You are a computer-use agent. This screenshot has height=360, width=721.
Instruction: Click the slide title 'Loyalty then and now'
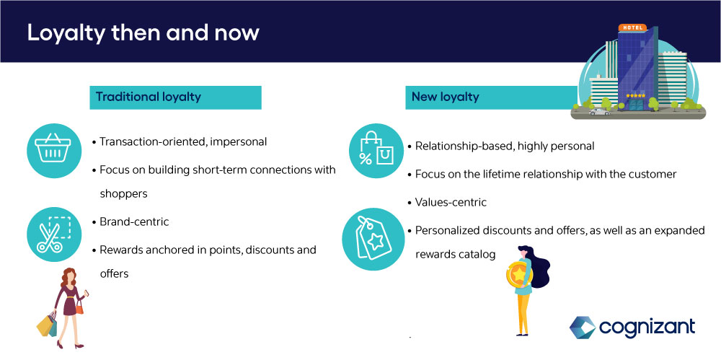tap(143, 32)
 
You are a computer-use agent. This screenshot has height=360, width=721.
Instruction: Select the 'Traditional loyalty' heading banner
tap(175, 97)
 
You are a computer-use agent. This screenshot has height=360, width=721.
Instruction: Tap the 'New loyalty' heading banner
tap(491, 97)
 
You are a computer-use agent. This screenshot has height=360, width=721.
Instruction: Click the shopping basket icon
tap(54, 151)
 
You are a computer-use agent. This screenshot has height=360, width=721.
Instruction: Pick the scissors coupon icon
tap(54, 234)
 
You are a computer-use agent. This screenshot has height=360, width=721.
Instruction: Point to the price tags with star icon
tap(373, 239)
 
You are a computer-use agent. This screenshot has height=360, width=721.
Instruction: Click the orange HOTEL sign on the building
tap(632, 27)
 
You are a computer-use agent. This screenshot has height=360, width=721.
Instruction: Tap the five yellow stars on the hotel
tap(635, 95)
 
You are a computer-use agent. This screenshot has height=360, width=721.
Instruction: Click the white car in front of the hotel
tap(599, 112)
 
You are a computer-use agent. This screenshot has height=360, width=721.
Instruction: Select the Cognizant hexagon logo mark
tap(582, 327)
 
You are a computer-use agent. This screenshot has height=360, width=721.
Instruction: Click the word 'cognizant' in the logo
tap(647, 328)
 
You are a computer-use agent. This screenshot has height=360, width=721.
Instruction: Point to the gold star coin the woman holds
tap(519, 275)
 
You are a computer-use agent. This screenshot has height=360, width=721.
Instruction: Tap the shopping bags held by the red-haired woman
tap(47, 325)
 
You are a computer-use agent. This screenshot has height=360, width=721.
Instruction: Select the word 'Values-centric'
tap(451, 202)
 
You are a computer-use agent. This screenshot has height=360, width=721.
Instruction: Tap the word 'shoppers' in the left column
tap(123, 194)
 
